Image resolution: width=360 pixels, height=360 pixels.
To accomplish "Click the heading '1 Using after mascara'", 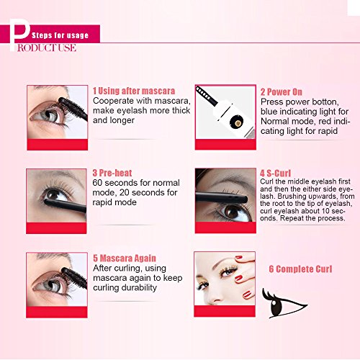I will pos(134,91).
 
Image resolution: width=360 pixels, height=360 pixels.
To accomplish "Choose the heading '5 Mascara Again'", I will pos(125,258).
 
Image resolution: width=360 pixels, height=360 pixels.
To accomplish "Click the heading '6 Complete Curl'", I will pos(301,269).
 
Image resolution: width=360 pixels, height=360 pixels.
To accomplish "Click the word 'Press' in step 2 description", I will pos(272,102).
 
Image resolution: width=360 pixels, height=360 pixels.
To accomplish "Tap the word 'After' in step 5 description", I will pos(104,268).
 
